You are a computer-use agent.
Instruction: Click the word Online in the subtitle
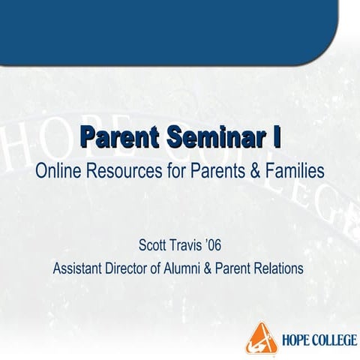[x=58, y=170]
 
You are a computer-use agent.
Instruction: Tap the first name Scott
[x=154, y=245]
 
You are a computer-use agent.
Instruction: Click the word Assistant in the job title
[x=79, y=268]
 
